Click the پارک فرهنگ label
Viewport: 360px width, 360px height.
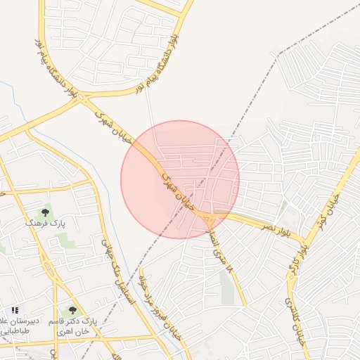[45, 223]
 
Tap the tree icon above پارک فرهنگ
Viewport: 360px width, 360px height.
[45, 212]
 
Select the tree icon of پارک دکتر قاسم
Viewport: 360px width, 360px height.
[72, 310]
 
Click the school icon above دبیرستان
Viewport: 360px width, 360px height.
[15, 310]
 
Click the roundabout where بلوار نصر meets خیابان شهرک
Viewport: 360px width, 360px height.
[209, 221]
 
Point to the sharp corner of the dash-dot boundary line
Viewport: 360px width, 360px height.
[280, 53]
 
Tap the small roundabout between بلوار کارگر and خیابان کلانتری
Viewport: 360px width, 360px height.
[290, 276]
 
